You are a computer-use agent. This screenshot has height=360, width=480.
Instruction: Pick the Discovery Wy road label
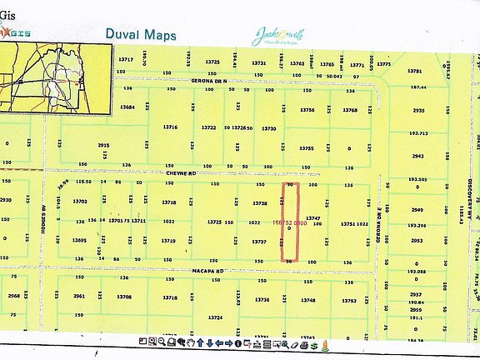coord(469,200)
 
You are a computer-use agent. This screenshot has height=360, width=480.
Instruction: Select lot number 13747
coord(313,217)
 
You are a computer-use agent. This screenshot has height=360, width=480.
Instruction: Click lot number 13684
coord(127,107)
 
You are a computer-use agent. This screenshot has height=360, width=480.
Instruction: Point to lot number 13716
coord(170,127)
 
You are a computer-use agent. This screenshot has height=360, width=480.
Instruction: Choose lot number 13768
coord(350,110)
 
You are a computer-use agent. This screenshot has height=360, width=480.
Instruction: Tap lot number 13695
coord(79,240)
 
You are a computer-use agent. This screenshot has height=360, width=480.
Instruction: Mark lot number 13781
coord(415,72)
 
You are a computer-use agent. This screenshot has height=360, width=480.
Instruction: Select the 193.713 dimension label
coord(418,133)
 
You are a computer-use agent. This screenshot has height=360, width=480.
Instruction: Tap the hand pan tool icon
coord(191,342)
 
